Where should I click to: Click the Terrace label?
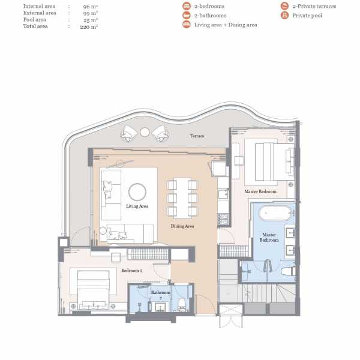pyautogui.click(x=197, y=136)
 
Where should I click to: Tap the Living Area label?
pyautogui.click(x=137, y=206)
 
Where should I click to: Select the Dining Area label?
pyautogui.click(x=182, y=226)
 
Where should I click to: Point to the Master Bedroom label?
pyautogui.click(x=260, y=191)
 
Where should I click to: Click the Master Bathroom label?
pyautogui.click(x=269, y=238)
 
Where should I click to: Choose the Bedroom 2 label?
pyautogui.click(x=132, y=271)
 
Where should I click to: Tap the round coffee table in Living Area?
pyautogui.click(x=137, y=192)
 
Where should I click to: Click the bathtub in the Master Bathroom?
pyautogui.click(x=275, y=213)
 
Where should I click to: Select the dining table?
pyautogui.click(x=182, y=198)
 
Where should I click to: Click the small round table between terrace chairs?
pyautogui.click(x=145, y=132)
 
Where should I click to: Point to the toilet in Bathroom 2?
pyautogui.click(x=182, y=304)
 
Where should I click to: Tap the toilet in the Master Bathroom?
pyautogui.click(x=288, y=271)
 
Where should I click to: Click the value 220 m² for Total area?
pyautogui.click(x=89, y=26)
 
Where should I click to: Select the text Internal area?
pyautogui.click(x=39, y=6)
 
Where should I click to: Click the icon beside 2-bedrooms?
pyautogui.click(x=187, y=6)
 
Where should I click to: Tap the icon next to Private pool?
pyautogui.click(x=284, y=15)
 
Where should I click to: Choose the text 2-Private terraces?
pyautogui.click(x=314, y=6)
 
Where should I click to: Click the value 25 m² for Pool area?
pyautogui.click(x=91, y=20)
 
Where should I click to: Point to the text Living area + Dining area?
pyautogui.click(x=226, y=25)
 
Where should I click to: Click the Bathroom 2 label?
pyautogui.click(x=161, y=295)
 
